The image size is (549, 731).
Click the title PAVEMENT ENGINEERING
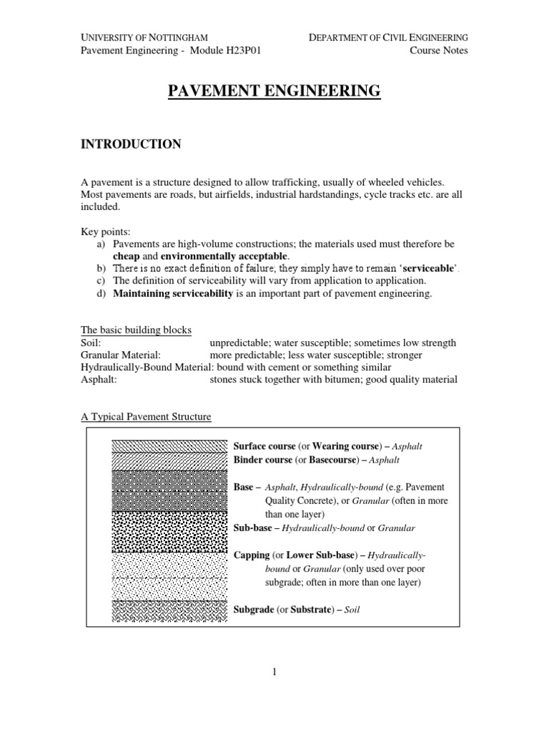click(274, 91)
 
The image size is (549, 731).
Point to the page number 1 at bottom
click(274, 672)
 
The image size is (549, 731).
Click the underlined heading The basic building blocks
click(136, 331)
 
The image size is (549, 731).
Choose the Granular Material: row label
click(120, 355)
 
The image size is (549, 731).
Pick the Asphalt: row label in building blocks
click(99, 379)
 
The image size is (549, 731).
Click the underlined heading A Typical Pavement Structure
click(146, 416)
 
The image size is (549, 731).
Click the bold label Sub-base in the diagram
click(254, 528)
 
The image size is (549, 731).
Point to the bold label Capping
click(252, 555)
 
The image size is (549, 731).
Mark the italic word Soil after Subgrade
click(352, 610)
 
